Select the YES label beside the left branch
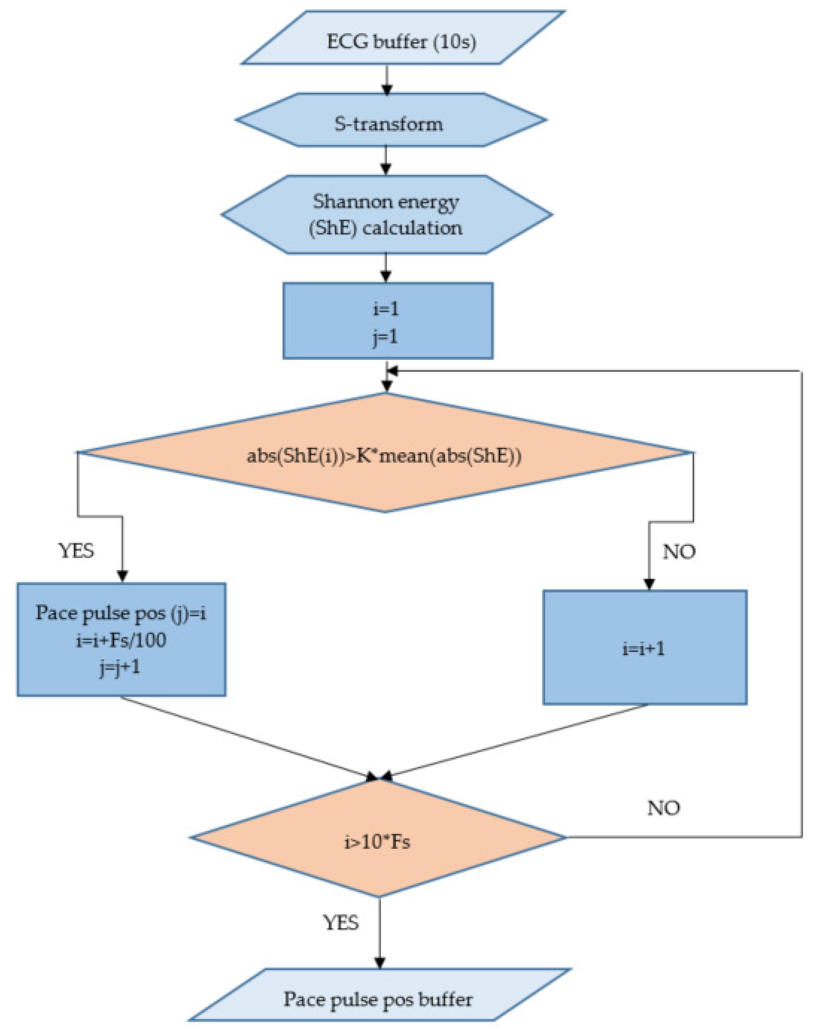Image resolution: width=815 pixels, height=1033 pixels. click(76, 551)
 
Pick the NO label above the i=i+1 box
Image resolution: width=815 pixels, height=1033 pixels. click(678, 552)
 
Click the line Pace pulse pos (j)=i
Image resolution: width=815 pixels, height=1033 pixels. click(121, 613)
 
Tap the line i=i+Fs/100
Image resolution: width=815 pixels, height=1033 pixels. click(121, 640)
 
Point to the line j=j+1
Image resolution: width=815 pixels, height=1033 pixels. click(120, 667)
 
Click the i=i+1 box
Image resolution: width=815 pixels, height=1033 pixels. click(644, 649)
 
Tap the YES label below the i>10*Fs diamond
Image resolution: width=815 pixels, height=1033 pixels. click(341, 922)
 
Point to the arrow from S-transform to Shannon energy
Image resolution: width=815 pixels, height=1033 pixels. click(386, 160)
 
